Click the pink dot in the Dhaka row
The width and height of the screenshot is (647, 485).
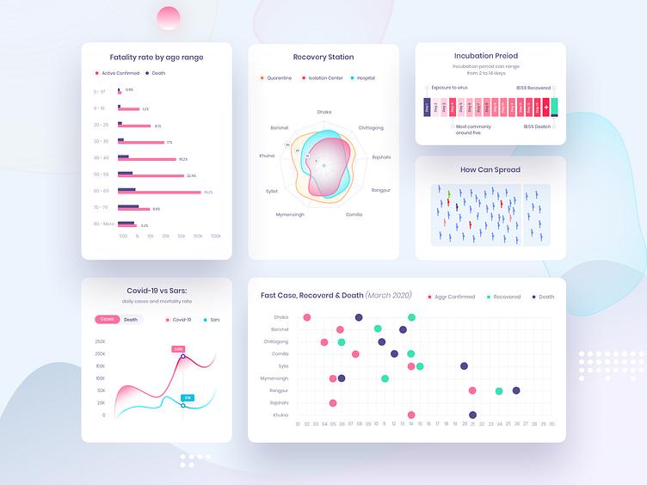click(307, 317)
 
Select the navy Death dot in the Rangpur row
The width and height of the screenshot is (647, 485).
click(516, 390)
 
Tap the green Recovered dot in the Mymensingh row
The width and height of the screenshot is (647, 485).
click(385, 378)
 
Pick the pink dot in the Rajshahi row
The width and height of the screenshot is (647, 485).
click(333, 402)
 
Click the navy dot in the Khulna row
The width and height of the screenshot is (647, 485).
click(472, 415)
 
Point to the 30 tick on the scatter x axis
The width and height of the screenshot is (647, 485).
click(551, 424)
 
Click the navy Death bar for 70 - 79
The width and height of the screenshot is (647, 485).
click(128, 206)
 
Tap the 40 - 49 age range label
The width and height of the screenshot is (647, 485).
click(102, 157)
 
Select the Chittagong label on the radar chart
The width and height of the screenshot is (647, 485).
click(371, 127)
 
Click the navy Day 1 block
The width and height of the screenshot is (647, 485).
click(427, 107)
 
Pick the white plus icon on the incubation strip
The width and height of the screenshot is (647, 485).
click(546, 107)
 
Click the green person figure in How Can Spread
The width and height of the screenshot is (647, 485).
click(448, 193)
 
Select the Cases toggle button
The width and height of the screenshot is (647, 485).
click(108, 319)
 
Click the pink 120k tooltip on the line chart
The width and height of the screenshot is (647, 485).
click(178, 349)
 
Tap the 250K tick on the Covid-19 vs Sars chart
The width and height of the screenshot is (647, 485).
click(100, 341)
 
